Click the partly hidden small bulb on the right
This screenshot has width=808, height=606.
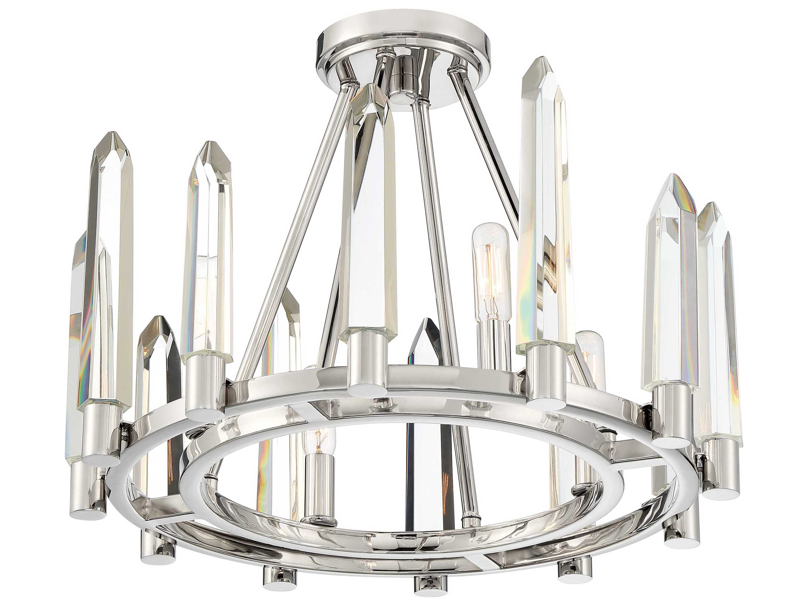[x=589, y=351]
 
